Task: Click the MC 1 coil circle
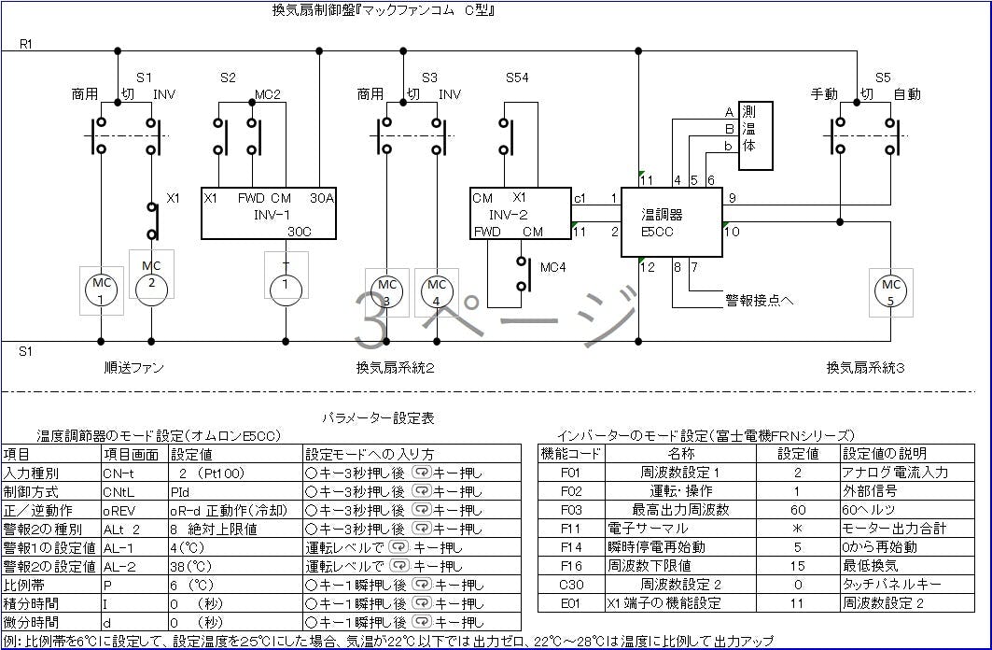[x=101, y=290]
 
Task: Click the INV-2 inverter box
[x=521, y=214]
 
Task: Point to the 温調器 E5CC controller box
[x=671, y=222]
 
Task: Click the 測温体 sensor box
[x=755, y=135]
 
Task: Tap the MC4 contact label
[x=553, y=267]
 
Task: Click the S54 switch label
[x=517, y=78]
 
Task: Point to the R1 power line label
[x=26, y=44]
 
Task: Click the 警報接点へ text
[x=759, y=301]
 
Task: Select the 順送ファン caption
[x=133, y=368]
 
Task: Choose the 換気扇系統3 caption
[x=865, y=368]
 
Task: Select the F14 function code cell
[x=571, y=546]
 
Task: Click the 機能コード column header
[x=571, y=454]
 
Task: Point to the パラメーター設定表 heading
[x=378, y=418]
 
